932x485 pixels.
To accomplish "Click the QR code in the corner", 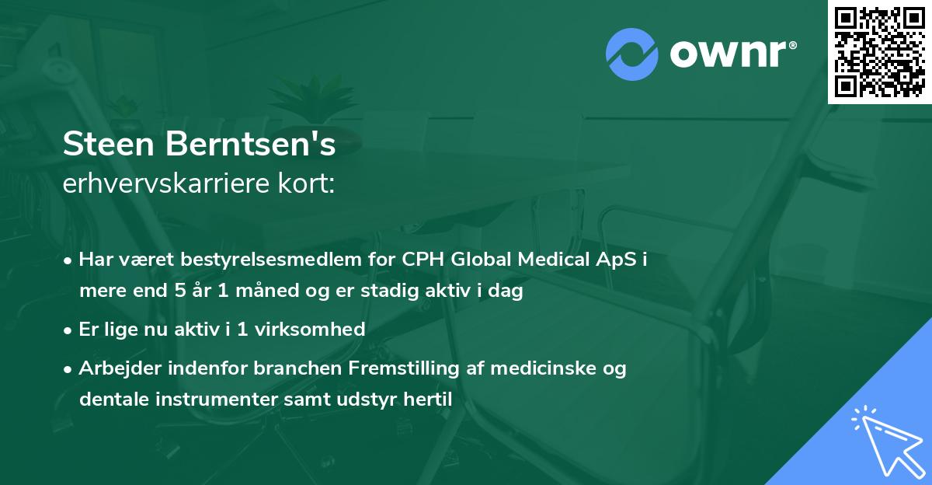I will pyautogui.click(x=879, y=51).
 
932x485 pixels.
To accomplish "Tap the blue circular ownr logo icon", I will pyautogui.click(x=631, y=54).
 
